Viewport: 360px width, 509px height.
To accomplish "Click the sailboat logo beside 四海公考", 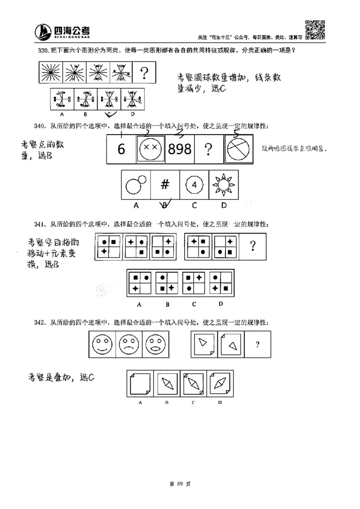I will tap(44, 32).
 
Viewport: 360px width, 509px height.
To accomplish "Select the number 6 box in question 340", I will tap(121, 149).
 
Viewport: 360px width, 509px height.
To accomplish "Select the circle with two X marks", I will tap(150, 149).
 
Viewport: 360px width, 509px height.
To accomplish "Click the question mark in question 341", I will tap(253, 246).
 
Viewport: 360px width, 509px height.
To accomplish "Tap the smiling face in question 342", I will tap(102, 346).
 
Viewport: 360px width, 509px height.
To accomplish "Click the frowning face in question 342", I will tap(129, 346).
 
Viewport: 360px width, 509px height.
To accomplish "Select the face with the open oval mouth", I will tap(155, 346).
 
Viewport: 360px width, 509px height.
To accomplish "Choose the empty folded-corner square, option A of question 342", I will tap(140, 383).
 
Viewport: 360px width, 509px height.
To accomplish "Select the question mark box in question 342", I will tap(257, 345).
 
